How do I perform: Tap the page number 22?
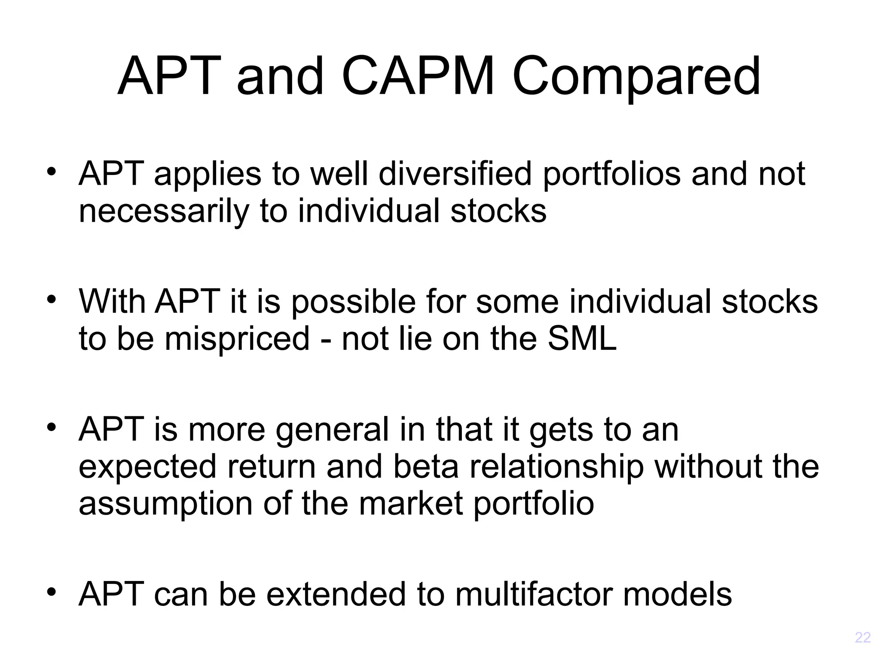pos(862,637)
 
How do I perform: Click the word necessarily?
pos(164,211)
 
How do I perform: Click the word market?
pos(411,504)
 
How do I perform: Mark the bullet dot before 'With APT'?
pos(52,299)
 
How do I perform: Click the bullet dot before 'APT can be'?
pos(52,593)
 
